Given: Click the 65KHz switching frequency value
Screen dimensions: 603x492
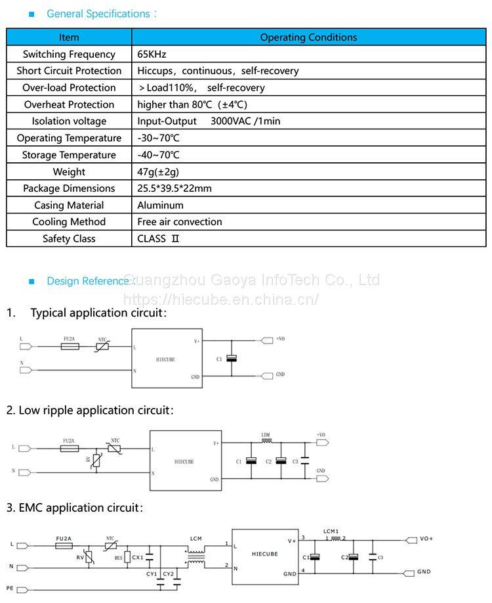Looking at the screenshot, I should click(152, 55).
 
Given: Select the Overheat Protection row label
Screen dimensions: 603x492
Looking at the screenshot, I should click(69, 104).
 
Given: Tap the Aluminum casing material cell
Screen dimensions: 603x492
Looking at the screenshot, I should click(160, 205).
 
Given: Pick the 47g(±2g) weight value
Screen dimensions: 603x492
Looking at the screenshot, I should click(158, 171).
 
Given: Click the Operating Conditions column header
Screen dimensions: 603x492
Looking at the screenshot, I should click(308, 37).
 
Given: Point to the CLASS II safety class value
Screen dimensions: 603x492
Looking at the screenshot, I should click(158, 238).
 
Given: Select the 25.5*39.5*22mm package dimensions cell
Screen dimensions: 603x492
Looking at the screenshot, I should click(174, 189).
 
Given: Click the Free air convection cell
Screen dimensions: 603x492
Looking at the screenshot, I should click(180, 222).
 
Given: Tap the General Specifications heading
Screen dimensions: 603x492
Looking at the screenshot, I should click(98, 14).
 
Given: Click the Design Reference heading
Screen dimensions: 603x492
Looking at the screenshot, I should click(89, 281).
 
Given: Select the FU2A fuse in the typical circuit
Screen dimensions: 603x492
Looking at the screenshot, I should click(70, 346).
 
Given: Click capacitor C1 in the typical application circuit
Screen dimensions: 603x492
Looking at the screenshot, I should click(231, 359).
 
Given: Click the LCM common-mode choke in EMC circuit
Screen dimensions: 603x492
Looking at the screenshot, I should click(195, 556).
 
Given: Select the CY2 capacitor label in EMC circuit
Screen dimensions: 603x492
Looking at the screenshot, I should click(169, 574).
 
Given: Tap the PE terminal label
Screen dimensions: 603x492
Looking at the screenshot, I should click(10, 587).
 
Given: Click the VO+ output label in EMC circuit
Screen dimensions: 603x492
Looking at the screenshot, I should click(426, 539).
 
